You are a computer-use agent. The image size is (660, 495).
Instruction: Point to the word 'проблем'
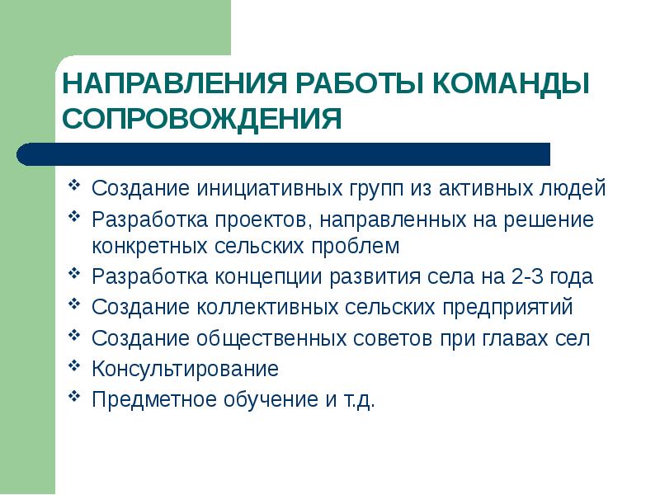[x=357, y=245]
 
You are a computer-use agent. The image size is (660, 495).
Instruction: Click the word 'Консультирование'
[x=185, y=369]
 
